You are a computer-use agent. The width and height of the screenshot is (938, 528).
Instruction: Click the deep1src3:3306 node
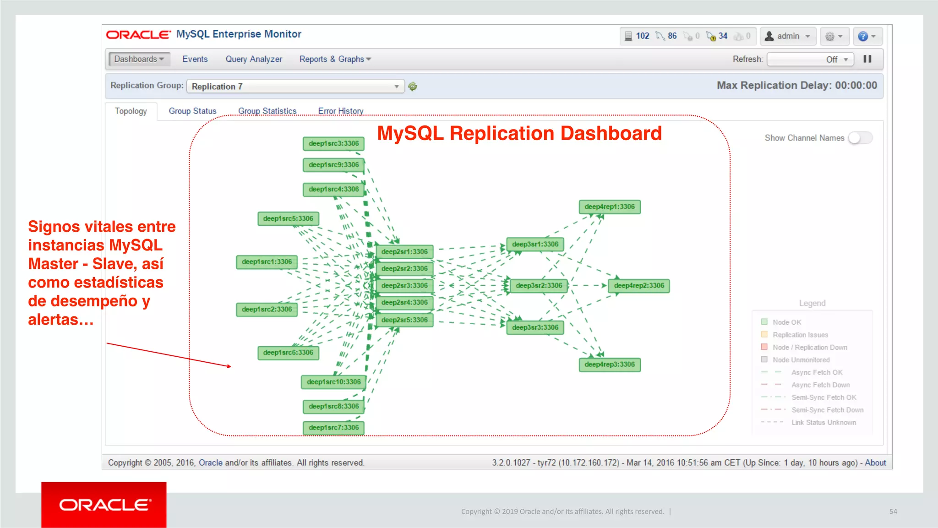coord(333,143)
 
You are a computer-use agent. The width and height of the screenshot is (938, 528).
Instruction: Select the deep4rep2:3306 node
coord(638,285)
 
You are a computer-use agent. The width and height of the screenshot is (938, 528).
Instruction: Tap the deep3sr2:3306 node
coord(539,285)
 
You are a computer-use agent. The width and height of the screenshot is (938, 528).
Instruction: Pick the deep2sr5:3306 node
coord(404,320)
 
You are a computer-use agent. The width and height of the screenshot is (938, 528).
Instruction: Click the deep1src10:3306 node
coord(333,382)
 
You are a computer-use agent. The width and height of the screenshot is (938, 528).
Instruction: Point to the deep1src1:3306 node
coord(267,262)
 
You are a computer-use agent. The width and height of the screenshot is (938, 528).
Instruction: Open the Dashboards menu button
coord(139,59)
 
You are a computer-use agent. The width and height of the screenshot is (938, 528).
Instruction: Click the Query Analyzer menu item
coord(253,59)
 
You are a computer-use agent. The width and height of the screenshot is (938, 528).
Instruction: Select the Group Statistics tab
coord(267,111)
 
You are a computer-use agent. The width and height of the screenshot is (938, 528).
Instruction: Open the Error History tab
coord(340,111)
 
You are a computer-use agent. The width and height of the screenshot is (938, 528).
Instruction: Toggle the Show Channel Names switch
coord(860,138)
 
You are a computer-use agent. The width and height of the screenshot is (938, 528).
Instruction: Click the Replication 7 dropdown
coord(295,86)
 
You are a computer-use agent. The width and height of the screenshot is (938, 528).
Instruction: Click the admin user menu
coord(788,36)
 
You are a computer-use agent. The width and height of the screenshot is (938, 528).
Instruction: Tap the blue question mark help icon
coord(863,36)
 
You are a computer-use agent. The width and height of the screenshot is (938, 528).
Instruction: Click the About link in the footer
coord(875,463)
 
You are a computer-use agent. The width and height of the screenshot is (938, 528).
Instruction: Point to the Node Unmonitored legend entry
coord(801,360)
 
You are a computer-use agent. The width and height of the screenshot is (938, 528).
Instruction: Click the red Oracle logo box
coord(104,504)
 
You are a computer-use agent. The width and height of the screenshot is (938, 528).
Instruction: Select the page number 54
coord(893,512)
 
